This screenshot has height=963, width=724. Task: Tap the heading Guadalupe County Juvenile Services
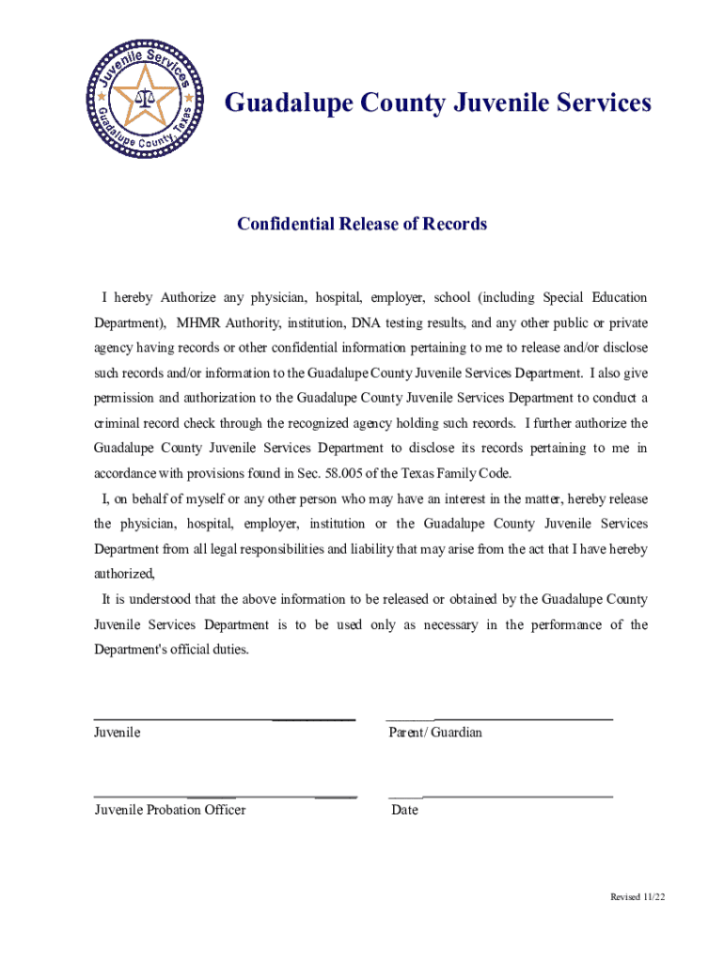[437, 103]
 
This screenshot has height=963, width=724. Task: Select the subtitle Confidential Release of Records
[362, 224]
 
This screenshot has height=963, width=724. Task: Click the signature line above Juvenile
[224, 719]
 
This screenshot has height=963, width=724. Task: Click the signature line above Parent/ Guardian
[499, 719]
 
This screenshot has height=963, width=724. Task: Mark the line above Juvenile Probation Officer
[226, 797]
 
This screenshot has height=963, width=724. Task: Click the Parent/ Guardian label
[435, 732]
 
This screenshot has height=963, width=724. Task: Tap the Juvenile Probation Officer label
[170, 810]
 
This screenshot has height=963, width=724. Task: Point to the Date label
[404, 810]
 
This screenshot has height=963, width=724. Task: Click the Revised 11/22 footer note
[637, 897]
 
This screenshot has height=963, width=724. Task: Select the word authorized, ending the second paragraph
[124, 573]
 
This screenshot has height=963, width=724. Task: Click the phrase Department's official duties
[172, 649]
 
